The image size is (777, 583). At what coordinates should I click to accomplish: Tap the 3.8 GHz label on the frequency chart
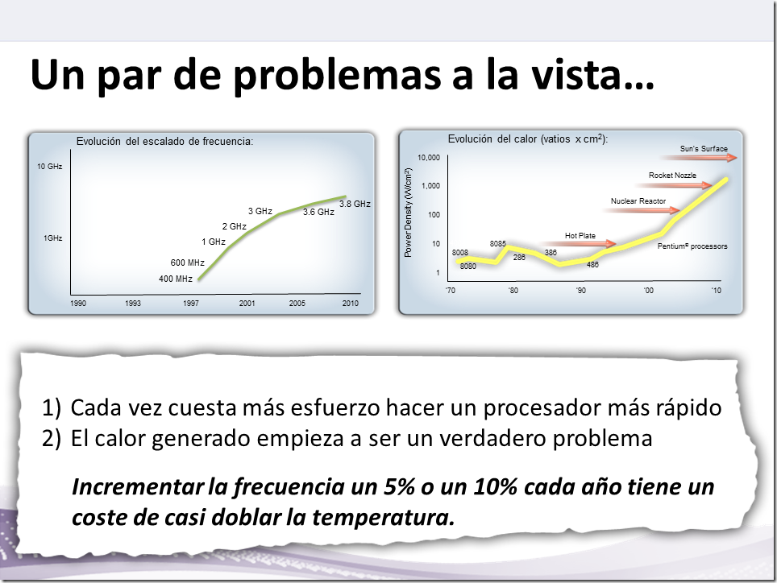355,204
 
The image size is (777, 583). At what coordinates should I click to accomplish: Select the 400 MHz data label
176,279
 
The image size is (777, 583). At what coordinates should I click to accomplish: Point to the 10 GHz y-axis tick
49,167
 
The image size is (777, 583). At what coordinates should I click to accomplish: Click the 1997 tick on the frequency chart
191,303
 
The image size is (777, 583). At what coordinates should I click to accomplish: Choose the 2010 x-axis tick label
351,303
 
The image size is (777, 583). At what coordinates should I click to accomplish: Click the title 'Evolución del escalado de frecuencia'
164,141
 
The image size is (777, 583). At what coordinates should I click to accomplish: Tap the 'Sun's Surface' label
704,148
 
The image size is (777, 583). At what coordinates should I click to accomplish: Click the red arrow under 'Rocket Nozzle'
674,185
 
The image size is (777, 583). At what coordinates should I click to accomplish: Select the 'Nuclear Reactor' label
638,201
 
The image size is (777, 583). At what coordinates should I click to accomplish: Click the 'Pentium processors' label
692,246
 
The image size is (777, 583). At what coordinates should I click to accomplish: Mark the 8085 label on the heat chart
498,243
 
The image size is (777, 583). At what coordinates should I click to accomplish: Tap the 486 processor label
592,264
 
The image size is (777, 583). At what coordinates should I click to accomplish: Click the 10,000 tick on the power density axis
429,157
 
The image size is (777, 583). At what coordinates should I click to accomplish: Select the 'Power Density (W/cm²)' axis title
409,213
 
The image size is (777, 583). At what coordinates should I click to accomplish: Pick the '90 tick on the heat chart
581,290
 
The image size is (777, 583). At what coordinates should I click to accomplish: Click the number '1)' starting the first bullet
52,407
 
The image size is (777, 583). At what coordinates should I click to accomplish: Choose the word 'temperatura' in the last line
383,517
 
